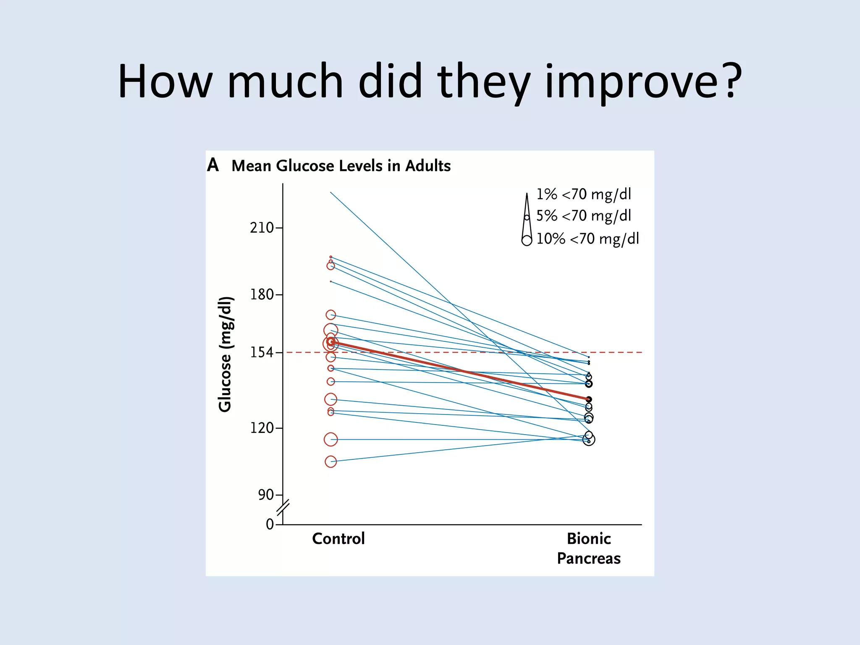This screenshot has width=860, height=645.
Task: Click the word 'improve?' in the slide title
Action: pos(643,82)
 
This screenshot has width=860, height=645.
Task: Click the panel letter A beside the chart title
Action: pos(213,165)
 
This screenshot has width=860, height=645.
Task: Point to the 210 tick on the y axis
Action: pos(262,228)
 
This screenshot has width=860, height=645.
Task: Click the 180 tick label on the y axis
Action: pos(262,294)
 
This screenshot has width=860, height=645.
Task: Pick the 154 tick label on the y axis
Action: pos(262,352)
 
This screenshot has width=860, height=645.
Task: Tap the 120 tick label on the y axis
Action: pos(262,428)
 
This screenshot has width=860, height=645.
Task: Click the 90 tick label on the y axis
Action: pos(266,495)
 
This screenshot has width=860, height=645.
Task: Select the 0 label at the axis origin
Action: pos(270,524)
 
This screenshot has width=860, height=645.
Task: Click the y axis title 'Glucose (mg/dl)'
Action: pos(225,354)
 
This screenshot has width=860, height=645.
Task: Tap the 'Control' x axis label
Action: pos(338,539)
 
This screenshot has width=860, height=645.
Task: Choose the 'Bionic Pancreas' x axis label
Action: pos(589,548)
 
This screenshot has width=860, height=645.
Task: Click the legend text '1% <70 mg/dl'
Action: pos(584,194)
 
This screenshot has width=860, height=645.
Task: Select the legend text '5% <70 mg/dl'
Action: pos(584,216)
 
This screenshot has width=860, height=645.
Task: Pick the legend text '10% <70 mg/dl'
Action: pos(587,239)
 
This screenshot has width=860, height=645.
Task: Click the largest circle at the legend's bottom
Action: pos(527,240)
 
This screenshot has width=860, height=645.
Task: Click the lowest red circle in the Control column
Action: pos(331,462)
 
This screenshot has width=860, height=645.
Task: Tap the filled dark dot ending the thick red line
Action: pos(589,400)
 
